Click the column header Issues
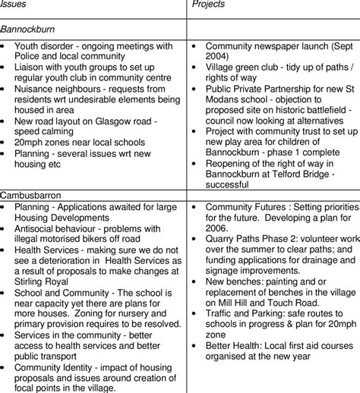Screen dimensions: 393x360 pos(13,5)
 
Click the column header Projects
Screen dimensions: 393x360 pos(210,5)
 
